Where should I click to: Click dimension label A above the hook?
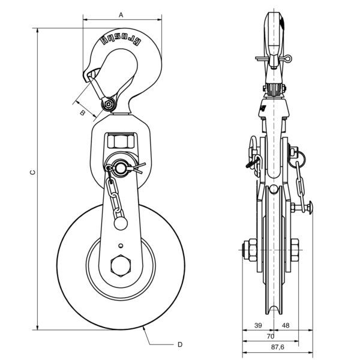[x=121, y=15]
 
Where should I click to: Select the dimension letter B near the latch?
[x=82, y=113]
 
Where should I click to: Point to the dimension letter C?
[x=33, y=172]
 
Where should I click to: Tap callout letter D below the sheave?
[x=180, y=344]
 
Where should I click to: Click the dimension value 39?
[x=258, y=325]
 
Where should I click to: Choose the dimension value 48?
[x=286, y=325]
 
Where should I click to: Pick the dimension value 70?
[x=271, y=337]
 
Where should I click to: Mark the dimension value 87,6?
[x=278, y=347]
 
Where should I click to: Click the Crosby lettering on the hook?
[x=121, y=40]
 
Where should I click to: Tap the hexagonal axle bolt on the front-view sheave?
[x=121, y=265]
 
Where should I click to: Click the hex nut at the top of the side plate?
[x=121, y=142]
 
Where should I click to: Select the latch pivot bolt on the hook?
[x=108, y=104]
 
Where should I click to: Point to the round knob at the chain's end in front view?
[x=121, y=223]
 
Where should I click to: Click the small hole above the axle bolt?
[x=121, y=246]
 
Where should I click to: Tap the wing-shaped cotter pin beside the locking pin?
[x=138, y=169]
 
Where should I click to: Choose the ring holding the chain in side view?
[x=297, y=159]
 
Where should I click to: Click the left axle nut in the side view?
[x=250, y=250]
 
